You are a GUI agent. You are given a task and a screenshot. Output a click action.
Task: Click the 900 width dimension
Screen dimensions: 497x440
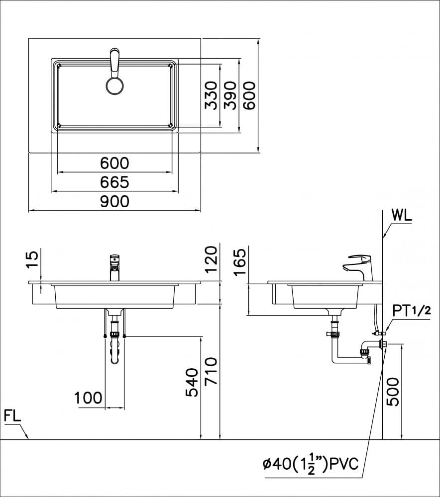point(114,201)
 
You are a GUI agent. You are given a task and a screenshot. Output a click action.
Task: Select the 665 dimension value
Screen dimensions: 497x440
point(114,182)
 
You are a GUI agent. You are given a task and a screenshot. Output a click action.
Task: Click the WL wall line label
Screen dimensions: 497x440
point(402,216)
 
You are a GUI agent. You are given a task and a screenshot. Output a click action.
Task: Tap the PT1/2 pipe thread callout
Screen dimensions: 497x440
point(411,311)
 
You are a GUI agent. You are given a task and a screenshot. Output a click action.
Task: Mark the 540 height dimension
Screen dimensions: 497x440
point(192,383)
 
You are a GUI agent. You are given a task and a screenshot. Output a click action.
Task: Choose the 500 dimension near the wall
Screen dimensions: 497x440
point(393,392)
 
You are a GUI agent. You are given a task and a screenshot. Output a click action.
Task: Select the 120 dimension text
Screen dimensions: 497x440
point(212,258)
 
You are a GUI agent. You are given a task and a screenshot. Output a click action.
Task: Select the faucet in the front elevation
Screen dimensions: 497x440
point(115,267)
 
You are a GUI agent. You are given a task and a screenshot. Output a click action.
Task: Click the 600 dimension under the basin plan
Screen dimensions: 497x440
point(114,163)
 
